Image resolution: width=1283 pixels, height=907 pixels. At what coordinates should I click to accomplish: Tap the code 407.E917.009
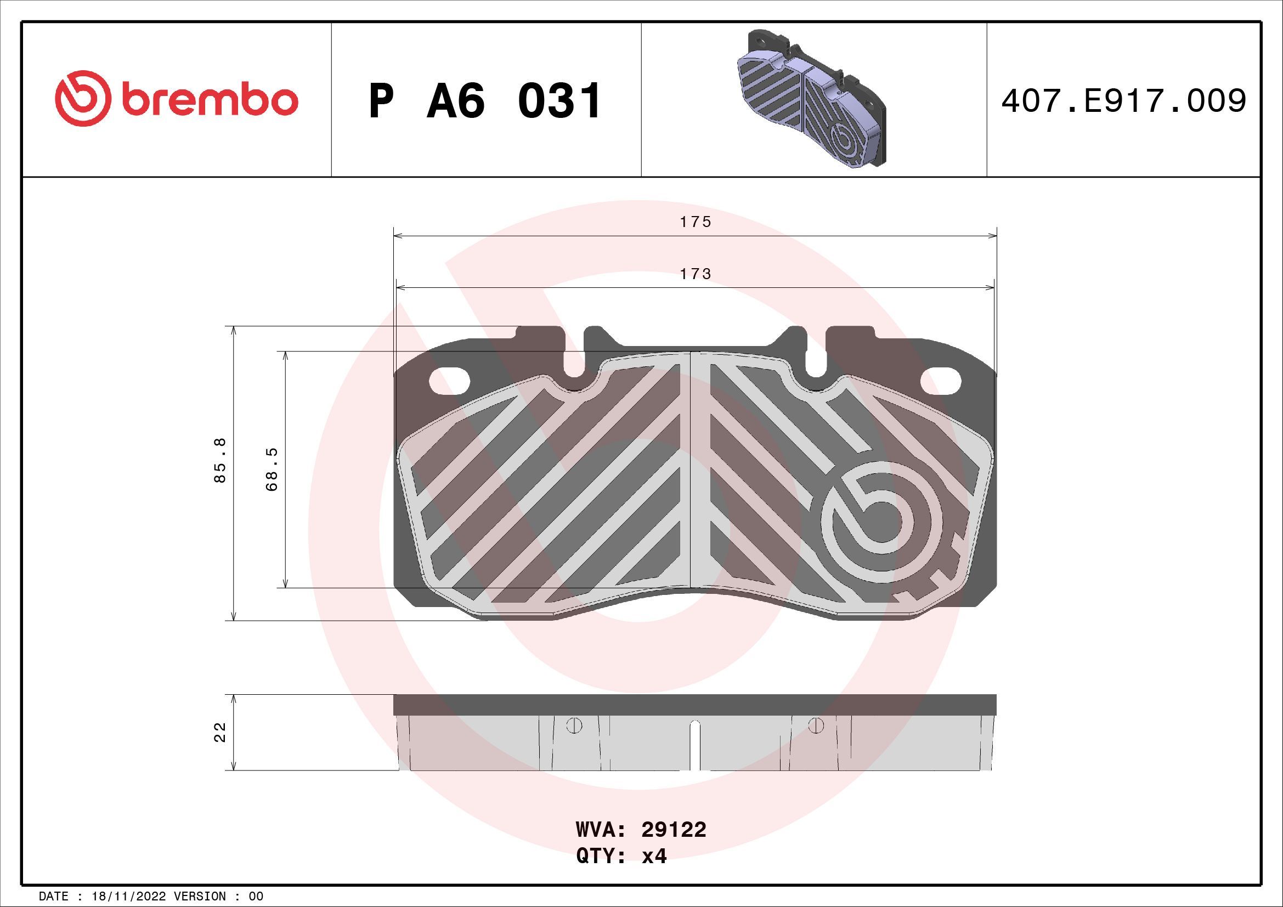click(1123, 101)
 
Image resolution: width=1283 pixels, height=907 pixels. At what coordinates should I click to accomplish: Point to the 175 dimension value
click(695, 222)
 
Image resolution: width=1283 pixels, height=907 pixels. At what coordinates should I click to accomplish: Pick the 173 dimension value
click(695, 274)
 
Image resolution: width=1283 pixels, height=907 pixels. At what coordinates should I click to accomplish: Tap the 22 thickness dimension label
click(220, 732)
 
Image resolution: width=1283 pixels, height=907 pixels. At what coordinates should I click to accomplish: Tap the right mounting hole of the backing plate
click(941, 381)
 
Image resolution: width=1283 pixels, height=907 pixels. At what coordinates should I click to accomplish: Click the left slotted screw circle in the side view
click(574, 725)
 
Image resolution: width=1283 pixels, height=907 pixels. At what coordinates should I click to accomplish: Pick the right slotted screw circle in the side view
click(816, 725)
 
